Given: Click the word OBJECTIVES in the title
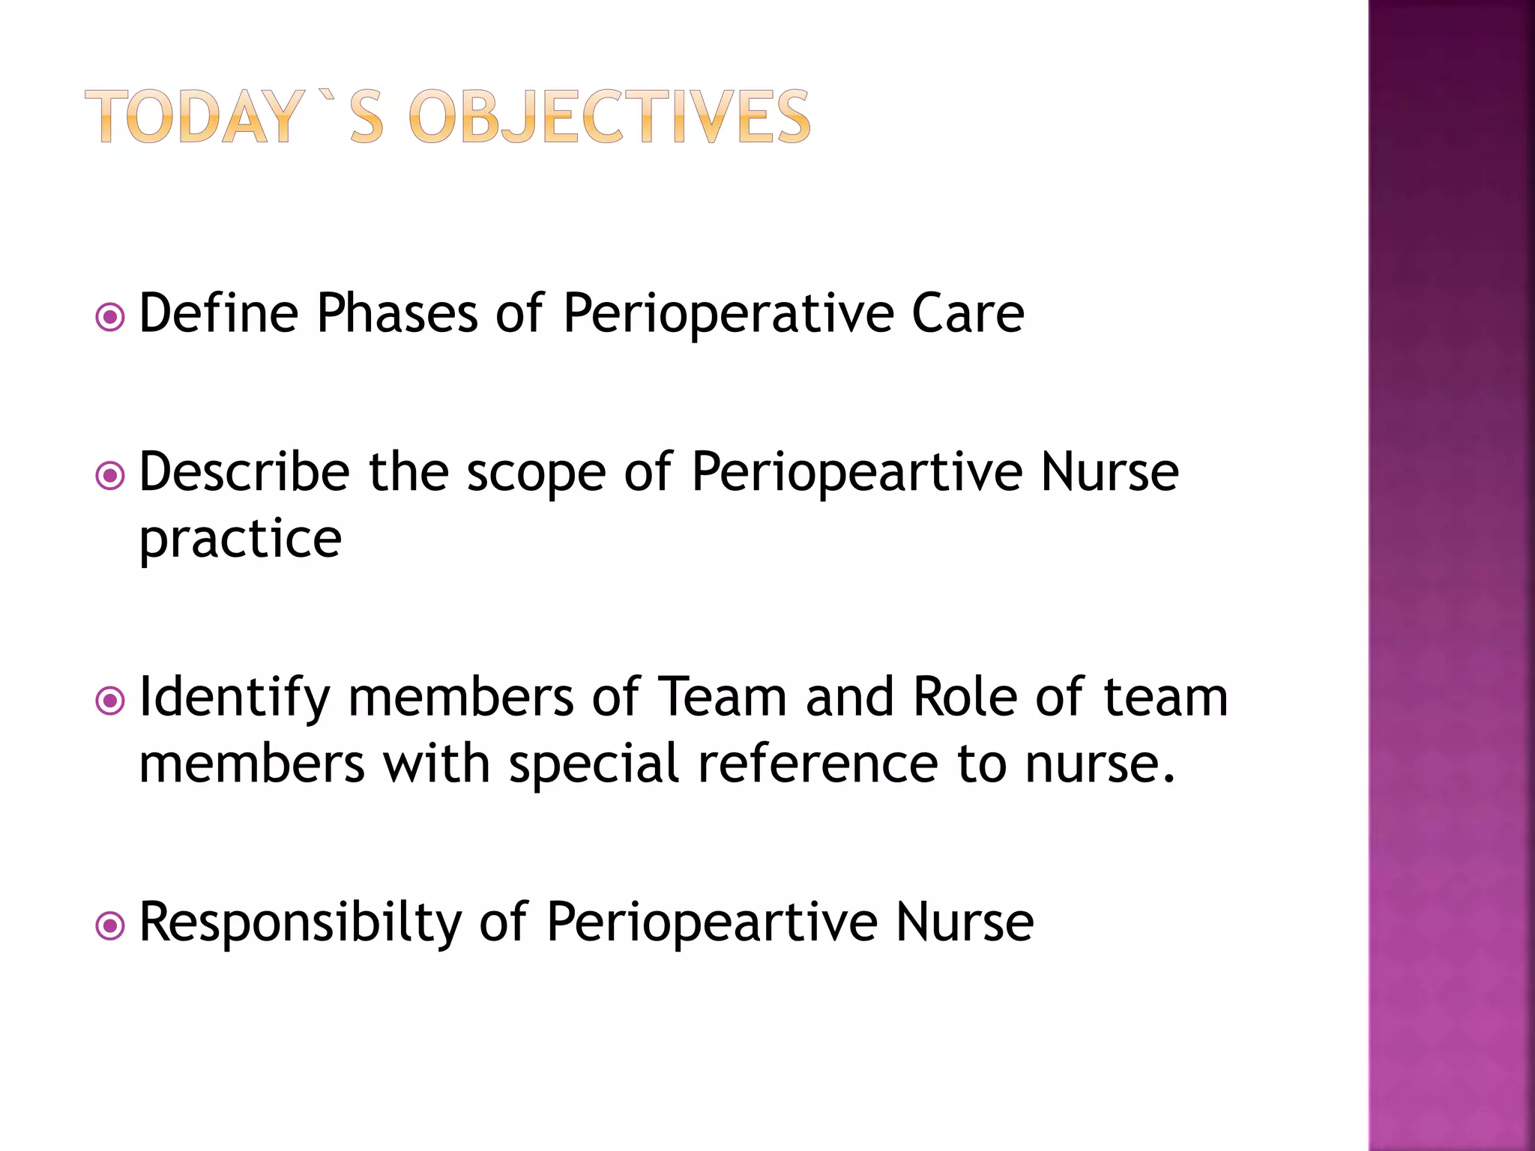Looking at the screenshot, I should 609,117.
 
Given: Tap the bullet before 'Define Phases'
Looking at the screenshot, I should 110,318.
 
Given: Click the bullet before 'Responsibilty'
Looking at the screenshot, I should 110,927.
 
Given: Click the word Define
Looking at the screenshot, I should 219,312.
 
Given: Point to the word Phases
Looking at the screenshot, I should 397,312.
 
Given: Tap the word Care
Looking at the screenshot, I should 968,312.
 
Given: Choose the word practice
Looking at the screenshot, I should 241,540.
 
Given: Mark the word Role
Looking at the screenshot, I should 965,697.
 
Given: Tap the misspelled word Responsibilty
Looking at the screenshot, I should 301,923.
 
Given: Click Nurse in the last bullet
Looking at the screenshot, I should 965,922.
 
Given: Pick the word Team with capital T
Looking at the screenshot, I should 722,697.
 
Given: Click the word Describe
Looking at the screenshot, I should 244,472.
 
